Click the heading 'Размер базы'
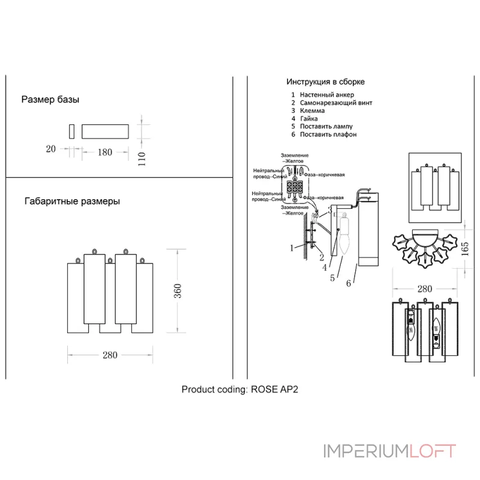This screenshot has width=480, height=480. [x=50, y=100]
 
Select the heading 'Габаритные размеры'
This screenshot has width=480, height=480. [x=72, y=202]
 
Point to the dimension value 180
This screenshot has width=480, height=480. [x=105, y=152]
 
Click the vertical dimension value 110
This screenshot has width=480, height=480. [x=142, y=160]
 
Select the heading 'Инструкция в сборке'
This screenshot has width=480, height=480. [x=325, y=82]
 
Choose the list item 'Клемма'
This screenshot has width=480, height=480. [x=312, y=110]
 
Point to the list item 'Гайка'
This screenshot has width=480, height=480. [x=310, y=119]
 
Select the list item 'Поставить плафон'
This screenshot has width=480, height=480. [x=328, y=134]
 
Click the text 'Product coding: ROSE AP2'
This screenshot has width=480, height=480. [x=239, y=389]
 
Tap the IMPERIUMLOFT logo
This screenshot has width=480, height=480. [x=389, y=451]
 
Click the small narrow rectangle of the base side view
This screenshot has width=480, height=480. [x=71, y=131]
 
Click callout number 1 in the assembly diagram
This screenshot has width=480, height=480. [x=292, y=247]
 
